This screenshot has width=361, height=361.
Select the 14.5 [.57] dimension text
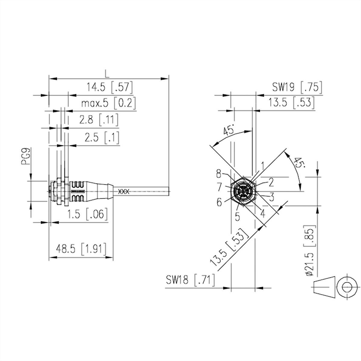pyautogui.click(x=110, y=88)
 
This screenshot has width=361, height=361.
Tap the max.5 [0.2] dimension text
pyautogui.click(x=108, y=103)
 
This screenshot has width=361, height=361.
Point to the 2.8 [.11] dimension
pyautogui.click(x=99, y=120)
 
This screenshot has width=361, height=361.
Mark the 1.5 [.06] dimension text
pyautogui.click(x=87, y=214)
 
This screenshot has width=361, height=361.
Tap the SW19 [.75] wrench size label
pyautogui.click(x=297, y=88)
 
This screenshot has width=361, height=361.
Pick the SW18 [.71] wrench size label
pyautogui.click(x=190, y=280)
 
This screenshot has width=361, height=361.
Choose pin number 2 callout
pyautogui.click(x=271, y=182)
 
